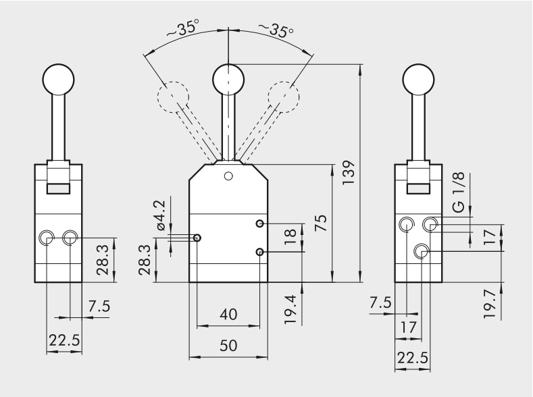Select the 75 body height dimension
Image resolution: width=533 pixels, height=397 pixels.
(x=322, y=223)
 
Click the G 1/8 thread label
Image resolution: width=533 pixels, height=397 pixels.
(x=459, y=196)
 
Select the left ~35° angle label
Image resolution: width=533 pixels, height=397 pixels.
(x=183, y=30)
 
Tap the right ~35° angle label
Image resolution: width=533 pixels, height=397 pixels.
(x=276, y=30)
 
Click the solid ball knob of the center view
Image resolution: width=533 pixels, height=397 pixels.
(x=228, y=80)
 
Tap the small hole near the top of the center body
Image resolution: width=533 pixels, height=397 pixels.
(x=228, y=176)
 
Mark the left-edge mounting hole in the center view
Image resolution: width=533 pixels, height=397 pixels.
(x=197, y=238)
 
